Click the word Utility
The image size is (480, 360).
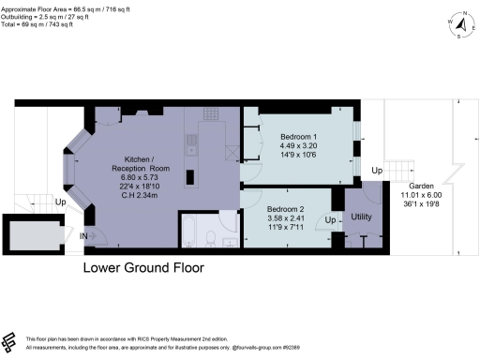[361, 217]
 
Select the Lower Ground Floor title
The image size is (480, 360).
[143, 267]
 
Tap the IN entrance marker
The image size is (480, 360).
[86, 235]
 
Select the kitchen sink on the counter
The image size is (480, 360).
[189, 143]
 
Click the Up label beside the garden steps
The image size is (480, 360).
[377, 171]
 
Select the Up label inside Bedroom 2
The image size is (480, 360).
[328, 219]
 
